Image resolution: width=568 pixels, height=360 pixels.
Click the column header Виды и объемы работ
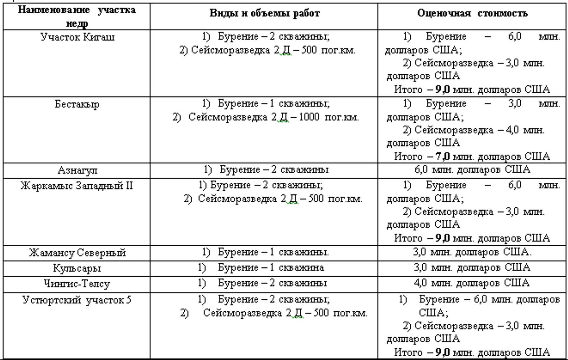[x=264, y=13]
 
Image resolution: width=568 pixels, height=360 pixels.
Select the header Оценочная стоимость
[x=472, y=13]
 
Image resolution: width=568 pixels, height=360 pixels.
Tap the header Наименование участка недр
[x=77, y=16]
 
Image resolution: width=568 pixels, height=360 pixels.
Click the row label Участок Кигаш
[x=77, y=37]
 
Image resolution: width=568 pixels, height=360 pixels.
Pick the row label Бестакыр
[x=77, y=104]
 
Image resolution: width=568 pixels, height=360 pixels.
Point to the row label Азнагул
[x=77, y=170]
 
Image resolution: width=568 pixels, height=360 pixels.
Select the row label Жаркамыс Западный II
[x=77, y=186]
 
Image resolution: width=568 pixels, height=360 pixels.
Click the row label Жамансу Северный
[x=77, y=253]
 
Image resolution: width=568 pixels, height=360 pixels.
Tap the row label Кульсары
[x=77, y=268]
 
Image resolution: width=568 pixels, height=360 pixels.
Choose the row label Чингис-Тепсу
[x=77, y=284]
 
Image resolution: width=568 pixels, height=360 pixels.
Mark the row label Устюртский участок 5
[x=77, y=300]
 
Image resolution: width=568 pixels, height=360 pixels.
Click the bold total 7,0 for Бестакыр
[x=442, y=156]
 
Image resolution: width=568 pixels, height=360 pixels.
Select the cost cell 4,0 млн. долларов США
[x=472, y=283]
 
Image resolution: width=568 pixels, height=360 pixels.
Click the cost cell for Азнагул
[x=472, y=170]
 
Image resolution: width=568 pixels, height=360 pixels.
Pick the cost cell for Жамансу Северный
[x=472, y=252]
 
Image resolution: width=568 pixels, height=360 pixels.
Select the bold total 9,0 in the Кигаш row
[x=442, y=90]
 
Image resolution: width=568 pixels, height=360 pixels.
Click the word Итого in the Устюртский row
[x=408, y=353]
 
